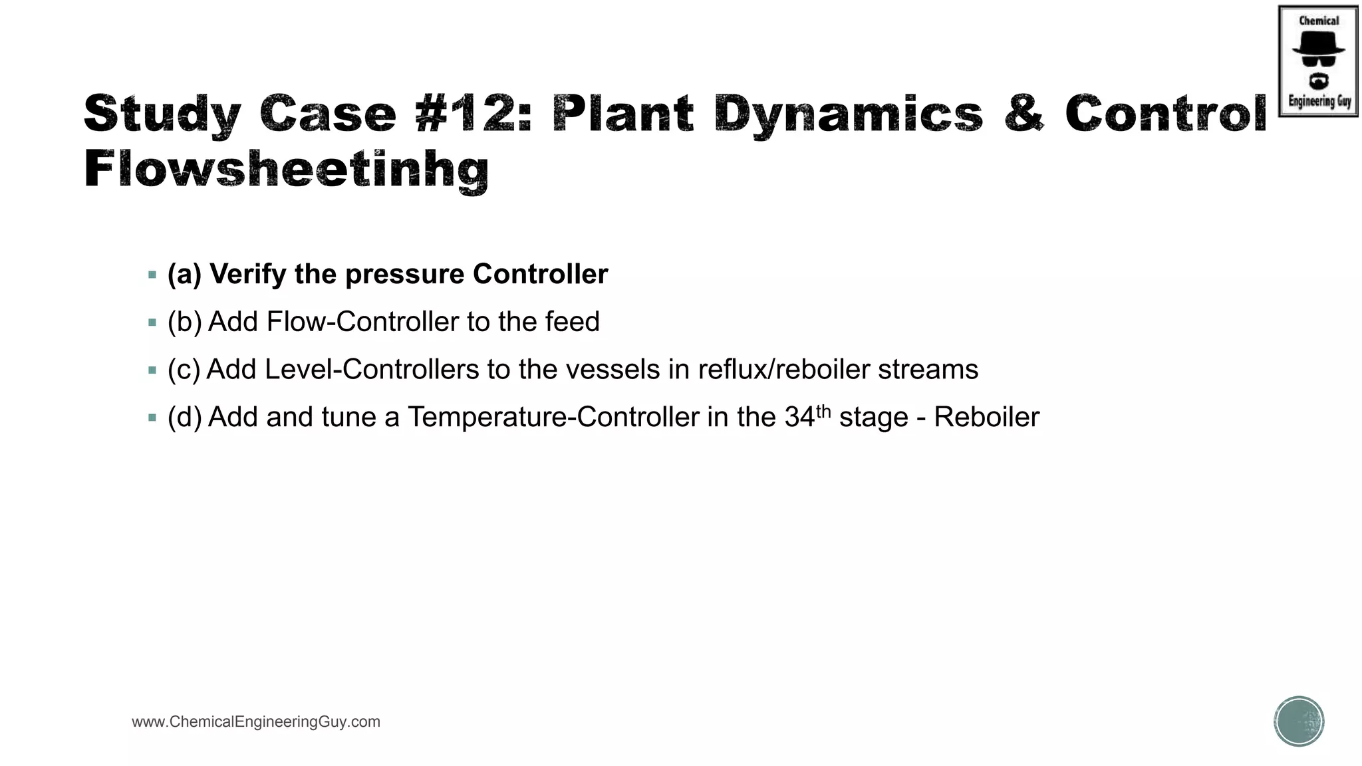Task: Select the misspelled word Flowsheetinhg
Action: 287,169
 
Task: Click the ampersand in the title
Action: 1024,113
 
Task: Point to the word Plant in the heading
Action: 623,113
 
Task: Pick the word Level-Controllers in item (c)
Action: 372,370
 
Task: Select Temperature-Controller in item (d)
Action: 553,418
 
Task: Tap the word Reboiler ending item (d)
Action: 986,418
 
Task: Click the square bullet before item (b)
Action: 152,322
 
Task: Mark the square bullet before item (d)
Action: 152,418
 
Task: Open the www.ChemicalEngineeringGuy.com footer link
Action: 256,722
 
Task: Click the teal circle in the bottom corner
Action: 1299,721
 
